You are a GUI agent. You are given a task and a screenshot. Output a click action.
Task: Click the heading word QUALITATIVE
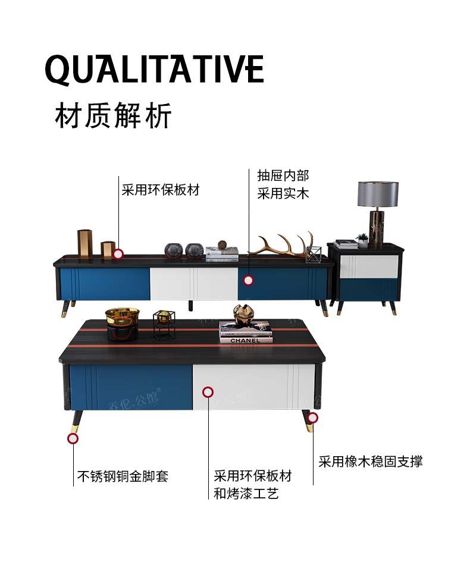click(x=155, y=70)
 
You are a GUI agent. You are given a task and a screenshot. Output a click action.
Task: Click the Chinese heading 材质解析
click(x=113, y=115)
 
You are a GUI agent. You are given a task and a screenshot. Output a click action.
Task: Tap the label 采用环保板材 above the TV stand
click(x=161, y=190)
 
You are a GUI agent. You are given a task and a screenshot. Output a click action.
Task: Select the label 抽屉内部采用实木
click(x=283, y=184)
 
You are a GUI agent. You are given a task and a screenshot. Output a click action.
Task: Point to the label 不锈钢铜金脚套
click(x=123, y=476)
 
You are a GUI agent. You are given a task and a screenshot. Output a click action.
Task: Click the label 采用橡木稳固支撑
click(x=371, y=461)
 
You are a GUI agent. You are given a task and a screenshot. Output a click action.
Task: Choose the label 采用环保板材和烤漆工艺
click(x=253, y=485)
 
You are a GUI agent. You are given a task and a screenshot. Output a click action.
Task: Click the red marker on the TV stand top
click(x=118, y=254)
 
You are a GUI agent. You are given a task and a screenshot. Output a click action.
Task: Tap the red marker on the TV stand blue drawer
click(x=249, y=280)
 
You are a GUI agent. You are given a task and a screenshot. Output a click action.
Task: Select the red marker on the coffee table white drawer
click(x=208, y=392)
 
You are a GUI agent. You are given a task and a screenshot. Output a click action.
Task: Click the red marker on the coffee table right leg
click(x=312, y=417)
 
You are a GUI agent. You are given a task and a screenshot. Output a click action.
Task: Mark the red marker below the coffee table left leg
click(x=73, y=438)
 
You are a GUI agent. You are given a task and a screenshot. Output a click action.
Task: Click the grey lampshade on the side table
click(x=378, y=194)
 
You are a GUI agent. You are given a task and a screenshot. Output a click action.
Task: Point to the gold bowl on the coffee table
click(x=122, y=315)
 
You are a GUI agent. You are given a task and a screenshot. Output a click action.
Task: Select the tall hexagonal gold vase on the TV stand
click(x=85, y=244)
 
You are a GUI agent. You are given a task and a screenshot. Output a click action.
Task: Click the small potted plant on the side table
click(x=362, y=240)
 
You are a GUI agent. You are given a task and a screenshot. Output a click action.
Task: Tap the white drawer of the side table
click(x=369, y=266)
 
